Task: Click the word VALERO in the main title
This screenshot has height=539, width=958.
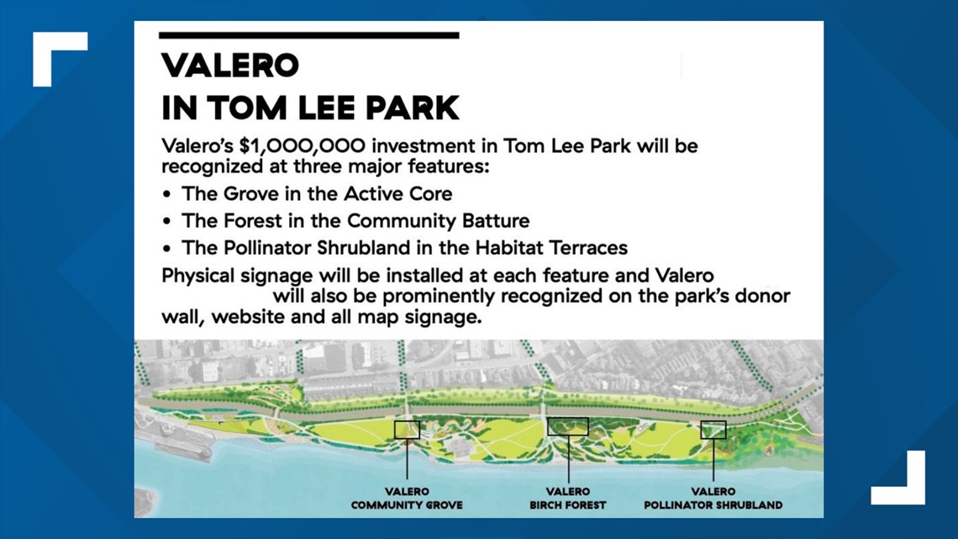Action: click(x=229, y=66)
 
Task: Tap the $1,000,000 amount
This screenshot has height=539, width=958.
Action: click(x=303, y=146)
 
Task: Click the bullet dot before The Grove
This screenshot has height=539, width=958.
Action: click(x=166, y=195)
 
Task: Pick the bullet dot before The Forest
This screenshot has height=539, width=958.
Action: click(x=166, y=222)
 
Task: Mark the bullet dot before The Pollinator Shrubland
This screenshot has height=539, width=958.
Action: click(x=166, y=249)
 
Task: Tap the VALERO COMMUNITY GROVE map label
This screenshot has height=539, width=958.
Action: click(x=407, y=498)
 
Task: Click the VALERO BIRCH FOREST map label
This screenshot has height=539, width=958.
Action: click(x=568, y=498)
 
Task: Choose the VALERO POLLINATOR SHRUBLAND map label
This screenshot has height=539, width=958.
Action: click(x=713, y=498)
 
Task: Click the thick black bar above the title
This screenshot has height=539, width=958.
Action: click(x=308, y=35)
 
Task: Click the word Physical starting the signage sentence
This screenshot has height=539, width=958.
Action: click(x=198, y=276)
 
